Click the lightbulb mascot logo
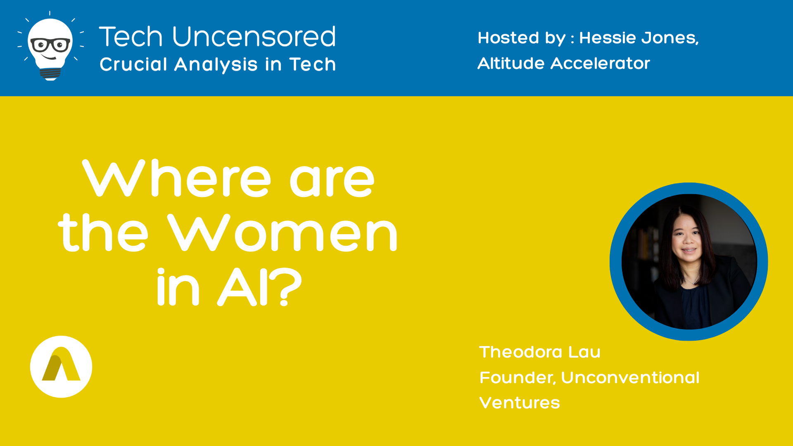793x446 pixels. pos(50,46)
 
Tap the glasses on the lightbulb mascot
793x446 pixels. pos(50,45)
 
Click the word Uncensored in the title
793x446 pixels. pos(254,36)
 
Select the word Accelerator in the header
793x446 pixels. pos(600,64)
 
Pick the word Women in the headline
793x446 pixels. pos(283,232)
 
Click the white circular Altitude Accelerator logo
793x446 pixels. pos(61,367)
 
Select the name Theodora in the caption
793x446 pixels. pos(520,352)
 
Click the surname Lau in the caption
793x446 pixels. pos(584,352)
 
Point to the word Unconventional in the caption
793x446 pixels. pos(630,377)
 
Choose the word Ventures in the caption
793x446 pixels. pos(520,403)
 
